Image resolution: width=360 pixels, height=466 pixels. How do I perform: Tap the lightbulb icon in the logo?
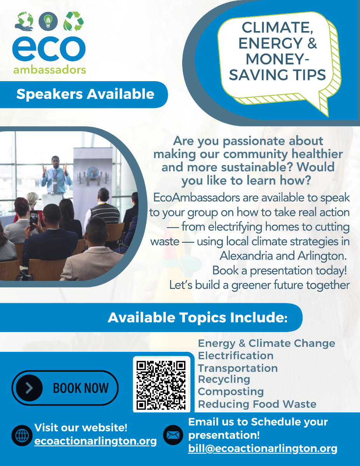49,21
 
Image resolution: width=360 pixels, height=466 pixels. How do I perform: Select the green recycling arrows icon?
73,21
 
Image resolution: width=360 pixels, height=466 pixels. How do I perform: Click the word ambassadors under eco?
49,70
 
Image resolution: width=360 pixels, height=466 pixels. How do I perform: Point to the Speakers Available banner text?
85,94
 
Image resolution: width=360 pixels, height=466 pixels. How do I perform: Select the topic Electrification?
235,356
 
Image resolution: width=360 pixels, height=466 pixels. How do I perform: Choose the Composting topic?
231,391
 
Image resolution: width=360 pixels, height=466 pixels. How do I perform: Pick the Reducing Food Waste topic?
257,404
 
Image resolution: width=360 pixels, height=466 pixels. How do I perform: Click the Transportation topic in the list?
238,368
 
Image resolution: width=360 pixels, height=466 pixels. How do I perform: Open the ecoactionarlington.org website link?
96,441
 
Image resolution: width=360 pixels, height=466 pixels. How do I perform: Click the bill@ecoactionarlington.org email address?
263,449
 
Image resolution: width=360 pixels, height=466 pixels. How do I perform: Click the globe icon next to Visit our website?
22,435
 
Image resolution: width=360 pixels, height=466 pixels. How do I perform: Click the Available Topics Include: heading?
197,318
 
